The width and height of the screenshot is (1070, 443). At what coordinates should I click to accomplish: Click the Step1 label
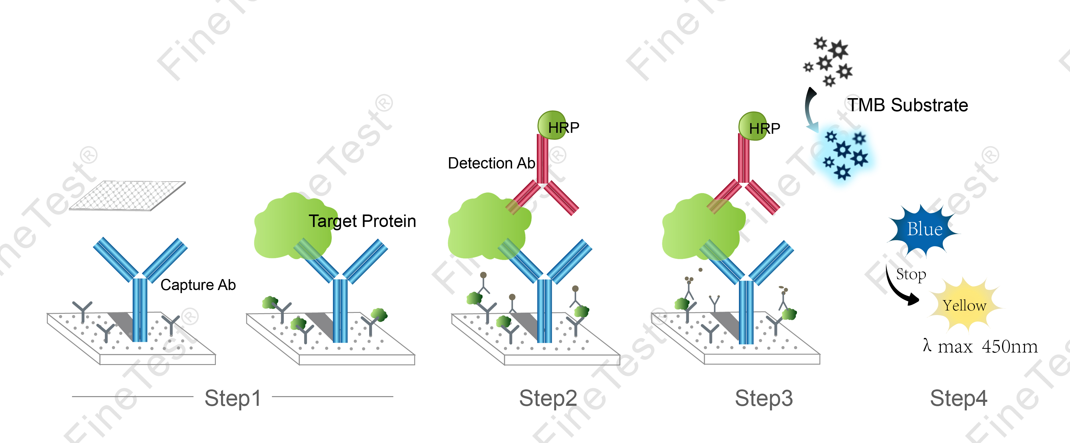[233, 398]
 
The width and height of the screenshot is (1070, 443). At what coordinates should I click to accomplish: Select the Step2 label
[548, 398]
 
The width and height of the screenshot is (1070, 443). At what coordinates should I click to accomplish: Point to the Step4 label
[958, 398]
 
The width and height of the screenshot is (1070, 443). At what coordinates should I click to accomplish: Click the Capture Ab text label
[198, 285]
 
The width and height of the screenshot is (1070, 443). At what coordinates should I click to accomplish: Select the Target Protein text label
[362, 221]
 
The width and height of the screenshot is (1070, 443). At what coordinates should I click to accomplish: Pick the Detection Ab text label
[491, 163]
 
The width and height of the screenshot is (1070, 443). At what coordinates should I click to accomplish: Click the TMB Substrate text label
[908, 105]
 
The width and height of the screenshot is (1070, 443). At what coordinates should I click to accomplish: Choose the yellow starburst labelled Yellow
[964, 306]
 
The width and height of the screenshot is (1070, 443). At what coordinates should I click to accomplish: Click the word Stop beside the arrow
[911, 275]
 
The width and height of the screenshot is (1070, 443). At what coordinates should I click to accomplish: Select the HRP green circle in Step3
[753, 126]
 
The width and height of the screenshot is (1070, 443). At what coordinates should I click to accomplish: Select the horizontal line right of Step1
[332, 396]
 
